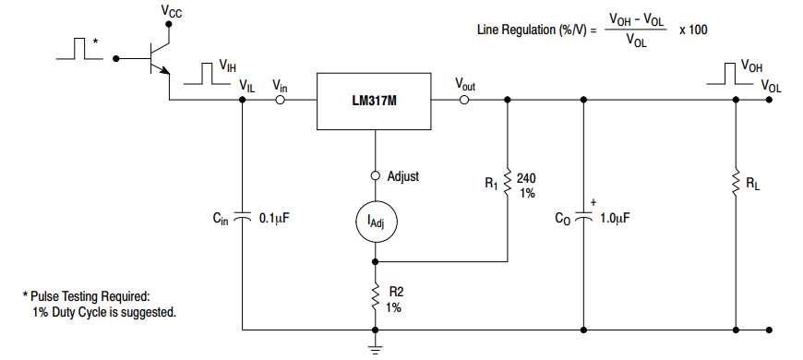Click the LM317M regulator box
click(375, 101)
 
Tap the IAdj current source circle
click(375, 220)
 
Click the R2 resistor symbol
click(375, 298)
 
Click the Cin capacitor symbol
click(242, 218)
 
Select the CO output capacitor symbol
click(582, 218)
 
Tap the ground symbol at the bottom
click(375, 348)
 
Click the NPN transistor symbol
click(159, 57)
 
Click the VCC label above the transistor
click(172, 11)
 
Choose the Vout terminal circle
click(464, 101)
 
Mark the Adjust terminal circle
click(375, 175)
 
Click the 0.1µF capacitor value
click(276, 219)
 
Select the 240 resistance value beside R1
click(526, 177)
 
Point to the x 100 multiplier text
click(693, 30)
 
